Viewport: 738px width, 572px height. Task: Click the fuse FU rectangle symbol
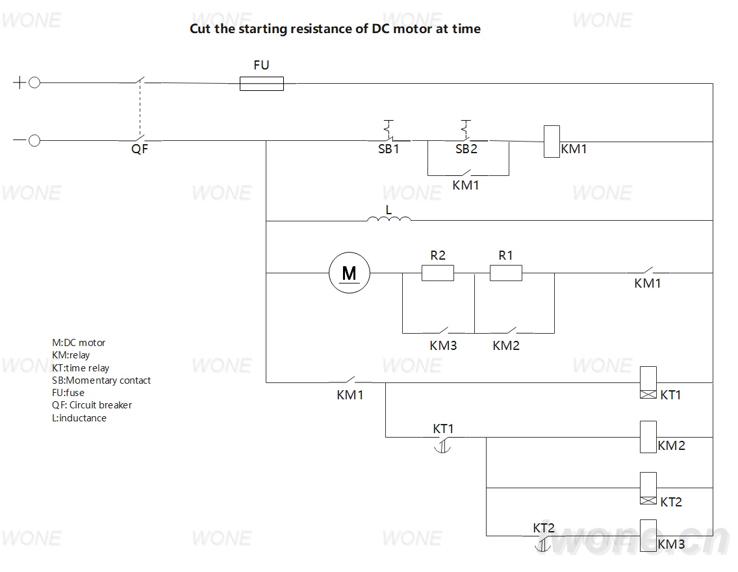pos(262,84)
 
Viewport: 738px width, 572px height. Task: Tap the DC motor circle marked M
pos(350,273)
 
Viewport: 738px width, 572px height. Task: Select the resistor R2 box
pos(438,273)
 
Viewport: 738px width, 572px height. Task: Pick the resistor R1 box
pos(506,273)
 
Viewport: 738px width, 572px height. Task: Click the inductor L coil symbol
pos(388,218)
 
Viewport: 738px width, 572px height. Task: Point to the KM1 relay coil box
pos(552,142)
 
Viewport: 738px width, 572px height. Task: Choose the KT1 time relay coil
pos(648,382)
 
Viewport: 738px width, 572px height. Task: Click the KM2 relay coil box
pos(648,437)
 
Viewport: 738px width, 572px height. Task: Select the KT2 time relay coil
pos(648,488)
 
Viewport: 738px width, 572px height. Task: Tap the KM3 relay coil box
pos(648,535)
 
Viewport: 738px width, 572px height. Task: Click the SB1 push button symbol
pos(390,131)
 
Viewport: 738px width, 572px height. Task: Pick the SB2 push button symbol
pos(466,131)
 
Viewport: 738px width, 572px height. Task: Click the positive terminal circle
pos(34,83)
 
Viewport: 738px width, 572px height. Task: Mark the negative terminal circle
pos(34,141)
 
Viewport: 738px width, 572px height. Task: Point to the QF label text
pos(139,149)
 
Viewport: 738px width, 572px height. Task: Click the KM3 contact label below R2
pos(443,346)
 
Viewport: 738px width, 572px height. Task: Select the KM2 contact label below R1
pos(506,346)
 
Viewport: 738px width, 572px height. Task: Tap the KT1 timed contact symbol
pos(442,443)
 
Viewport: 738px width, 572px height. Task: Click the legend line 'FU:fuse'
pos(68,393)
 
